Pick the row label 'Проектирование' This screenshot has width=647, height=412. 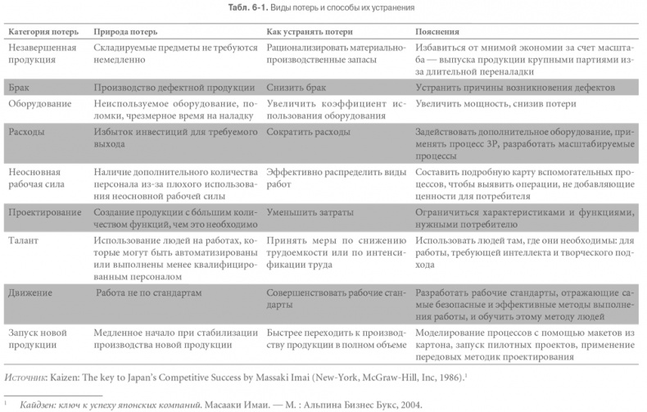[x=44, y=212]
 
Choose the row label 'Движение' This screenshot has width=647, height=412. [x=31, y=292]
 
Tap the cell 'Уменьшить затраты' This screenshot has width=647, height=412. [x=310, y=212]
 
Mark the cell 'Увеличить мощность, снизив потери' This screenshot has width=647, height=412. [x=495, y=103]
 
